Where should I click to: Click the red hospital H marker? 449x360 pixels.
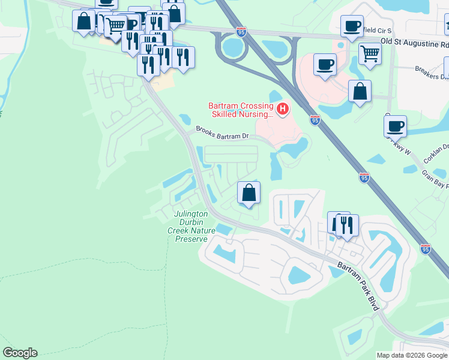282,109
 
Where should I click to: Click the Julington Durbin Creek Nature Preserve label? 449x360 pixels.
191,226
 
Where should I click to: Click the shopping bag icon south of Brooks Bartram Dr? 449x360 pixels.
249,193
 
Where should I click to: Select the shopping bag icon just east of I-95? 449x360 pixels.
360,92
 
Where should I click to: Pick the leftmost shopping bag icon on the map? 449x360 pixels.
84,21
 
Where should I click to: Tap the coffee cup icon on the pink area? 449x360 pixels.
325,65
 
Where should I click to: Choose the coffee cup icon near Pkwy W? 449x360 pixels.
395,127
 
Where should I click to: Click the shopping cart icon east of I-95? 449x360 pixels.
370,54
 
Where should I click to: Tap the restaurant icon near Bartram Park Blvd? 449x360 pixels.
346,225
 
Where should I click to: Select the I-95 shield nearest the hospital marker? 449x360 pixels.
315,120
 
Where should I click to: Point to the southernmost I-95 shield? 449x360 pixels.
426,248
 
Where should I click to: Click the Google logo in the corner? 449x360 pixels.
20,353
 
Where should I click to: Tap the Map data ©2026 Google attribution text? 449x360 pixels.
412,355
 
